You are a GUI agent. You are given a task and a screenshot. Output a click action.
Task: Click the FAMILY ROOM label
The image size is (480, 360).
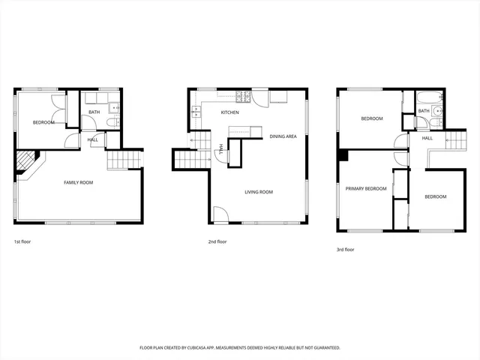click(78, 182)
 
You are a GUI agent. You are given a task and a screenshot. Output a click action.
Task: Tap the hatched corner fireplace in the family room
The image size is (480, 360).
click(27, 162)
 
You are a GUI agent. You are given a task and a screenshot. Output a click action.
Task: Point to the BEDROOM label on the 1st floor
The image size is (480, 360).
click(43, 122)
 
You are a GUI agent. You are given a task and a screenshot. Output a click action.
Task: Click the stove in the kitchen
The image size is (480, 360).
click(243, 96)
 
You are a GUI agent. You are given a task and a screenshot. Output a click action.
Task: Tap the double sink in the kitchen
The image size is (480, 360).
click(196, 110)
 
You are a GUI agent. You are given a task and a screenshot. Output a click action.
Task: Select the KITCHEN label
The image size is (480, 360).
click(229, 112)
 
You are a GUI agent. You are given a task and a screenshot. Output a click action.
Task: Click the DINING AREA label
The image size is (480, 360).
click(283, 136)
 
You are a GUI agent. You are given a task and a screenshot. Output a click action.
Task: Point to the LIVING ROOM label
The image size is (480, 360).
click(259, 192)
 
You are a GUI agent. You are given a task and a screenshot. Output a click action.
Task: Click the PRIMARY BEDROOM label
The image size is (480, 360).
click(365, 188)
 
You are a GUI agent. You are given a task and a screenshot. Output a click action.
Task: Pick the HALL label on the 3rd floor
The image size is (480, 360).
click(427, 138)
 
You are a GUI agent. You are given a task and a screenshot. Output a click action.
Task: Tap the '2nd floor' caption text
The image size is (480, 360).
click(217, 241)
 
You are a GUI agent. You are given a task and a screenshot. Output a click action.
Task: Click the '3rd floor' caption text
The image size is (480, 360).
click(345, 249)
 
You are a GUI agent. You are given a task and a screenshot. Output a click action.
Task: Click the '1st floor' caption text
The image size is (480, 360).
click(22, 241)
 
